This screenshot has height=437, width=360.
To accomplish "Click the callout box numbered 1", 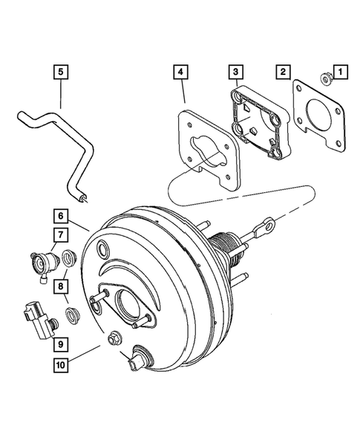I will point(340,72).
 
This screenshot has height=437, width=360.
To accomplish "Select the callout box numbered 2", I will point(283,72).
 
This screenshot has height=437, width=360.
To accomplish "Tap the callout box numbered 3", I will point(234,72).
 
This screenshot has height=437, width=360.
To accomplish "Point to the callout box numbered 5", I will point(60,72).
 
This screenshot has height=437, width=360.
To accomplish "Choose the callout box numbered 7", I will point(60,236).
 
